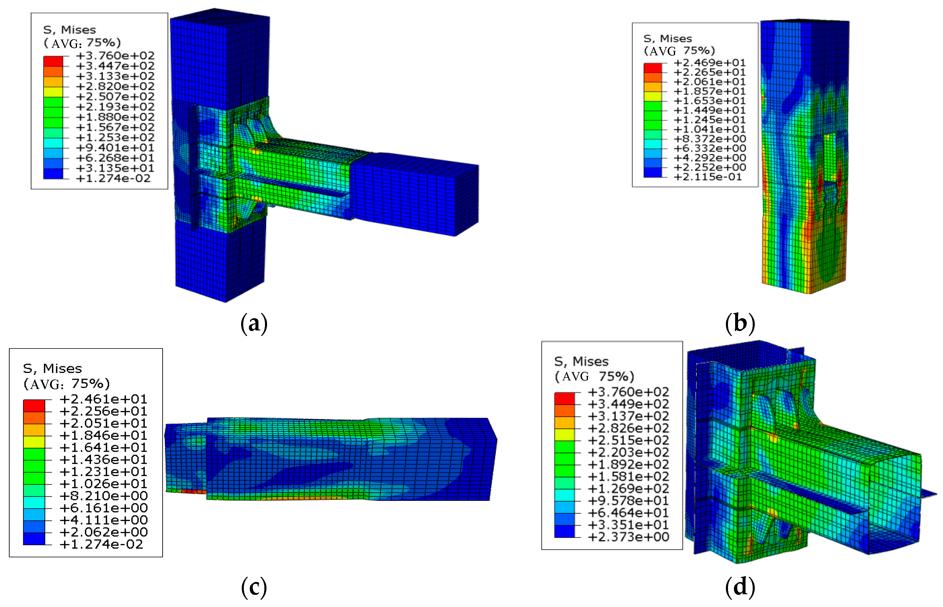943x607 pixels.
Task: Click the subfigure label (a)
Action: click(x=254, y=324)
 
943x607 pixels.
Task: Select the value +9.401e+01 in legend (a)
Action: click(x=115, y=148)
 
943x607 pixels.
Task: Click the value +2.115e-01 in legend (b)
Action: click(x=708, y=177)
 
